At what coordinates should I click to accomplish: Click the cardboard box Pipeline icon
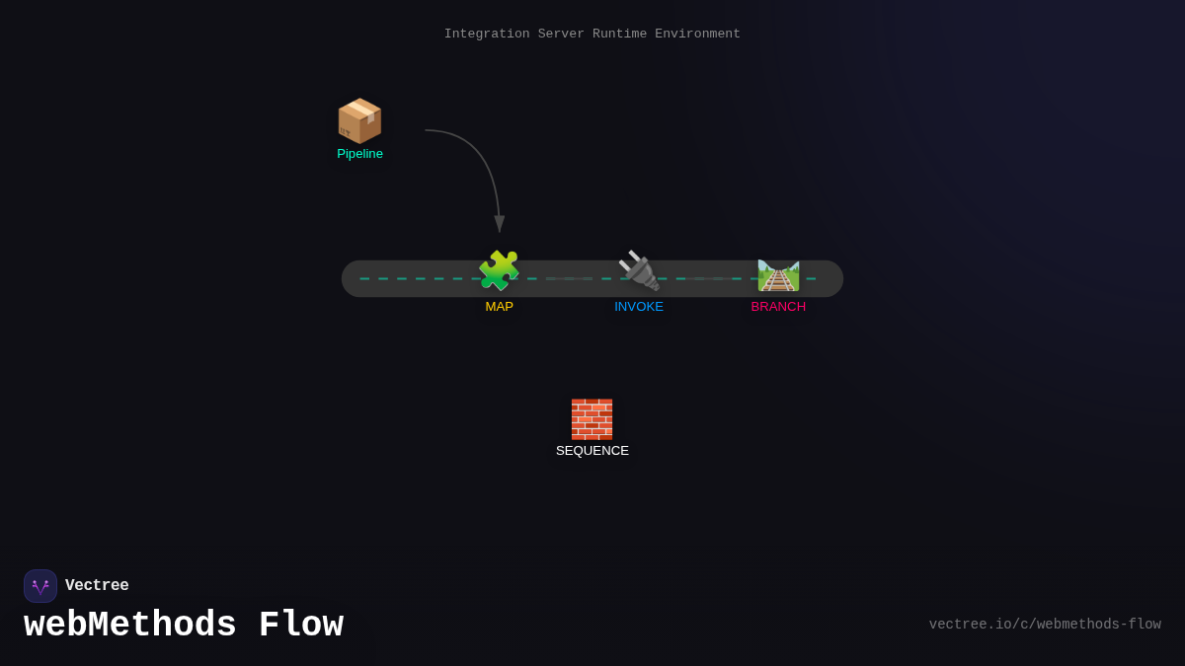(x=359, y=121)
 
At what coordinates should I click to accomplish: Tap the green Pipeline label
(x=359, y=154)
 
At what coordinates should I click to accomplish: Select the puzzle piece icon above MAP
(x=499, y=271)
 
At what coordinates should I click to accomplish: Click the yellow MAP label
(x=499, y=307)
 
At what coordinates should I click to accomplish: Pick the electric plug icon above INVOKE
(x=639, y=271)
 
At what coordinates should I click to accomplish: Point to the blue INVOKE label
(x=639, y=307)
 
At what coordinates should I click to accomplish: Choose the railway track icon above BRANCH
(x=778, y=274)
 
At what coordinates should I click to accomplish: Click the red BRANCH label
(x=778, y=307)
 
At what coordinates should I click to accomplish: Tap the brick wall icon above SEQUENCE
(x=592, y=419)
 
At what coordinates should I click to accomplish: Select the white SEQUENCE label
(x=592, y=451)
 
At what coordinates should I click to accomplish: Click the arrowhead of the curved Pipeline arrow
(x=499, y=224)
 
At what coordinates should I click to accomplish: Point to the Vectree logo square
(x=40, y=586)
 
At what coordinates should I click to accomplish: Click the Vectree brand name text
(x=97, y=586)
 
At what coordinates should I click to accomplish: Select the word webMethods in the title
(x=130, y=626)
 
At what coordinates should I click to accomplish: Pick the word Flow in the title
(x=301, y=626)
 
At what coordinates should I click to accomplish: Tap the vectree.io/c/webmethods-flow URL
(x=1045, y=625)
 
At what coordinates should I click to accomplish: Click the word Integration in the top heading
(x=487, y=34)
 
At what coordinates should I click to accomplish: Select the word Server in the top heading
(x=561, y=34)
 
